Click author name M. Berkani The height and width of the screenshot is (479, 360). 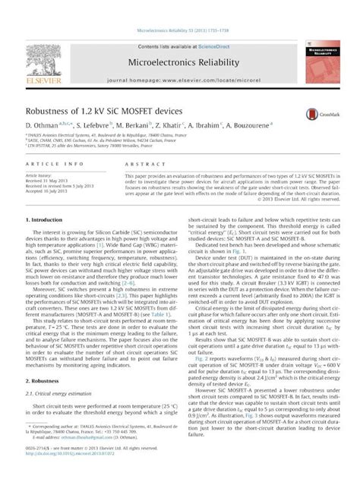pyautogui.click(x=134, y=124)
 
